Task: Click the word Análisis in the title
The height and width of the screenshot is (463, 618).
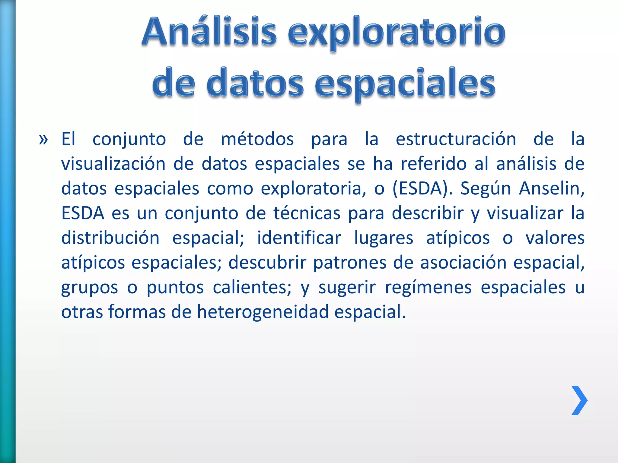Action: [209, 32]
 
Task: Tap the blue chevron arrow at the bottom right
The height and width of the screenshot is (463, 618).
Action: [579, 400]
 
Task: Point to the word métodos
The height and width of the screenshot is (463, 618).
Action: [257, 140]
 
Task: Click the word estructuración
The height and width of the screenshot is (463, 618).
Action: [456, 140]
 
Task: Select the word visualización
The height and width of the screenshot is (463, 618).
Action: [113, 164]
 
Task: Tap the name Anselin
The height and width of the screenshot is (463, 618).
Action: [552, 189]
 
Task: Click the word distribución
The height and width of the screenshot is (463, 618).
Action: [110, 238]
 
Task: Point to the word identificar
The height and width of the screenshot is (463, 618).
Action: [299, 238]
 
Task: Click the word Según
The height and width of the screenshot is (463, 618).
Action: [485, 189]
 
